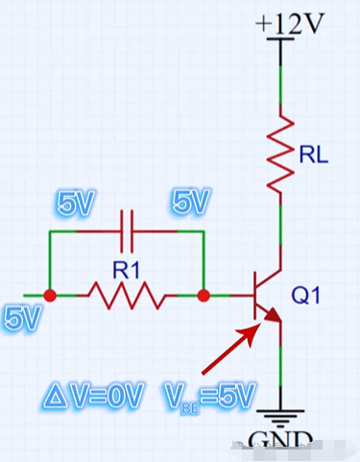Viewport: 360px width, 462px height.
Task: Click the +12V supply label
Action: pos(290,23)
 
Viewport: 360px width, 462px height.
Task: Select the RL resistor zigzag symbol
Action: pos(280,153)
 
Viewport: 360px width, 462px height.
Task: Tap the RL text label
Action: pos(314,156)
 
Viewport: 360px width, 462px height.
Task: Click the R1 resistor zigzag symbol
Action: pos(127,296)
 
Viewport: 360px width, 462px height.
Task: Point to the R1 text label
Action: pos(127,270)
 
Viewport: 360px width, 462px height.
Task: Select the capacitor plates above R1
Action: pos(127,231)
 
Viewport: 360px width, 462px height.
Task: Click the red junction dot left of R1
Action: pos(50,296)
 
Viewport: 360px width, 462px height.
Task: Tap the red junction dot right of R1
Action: pos(204,296)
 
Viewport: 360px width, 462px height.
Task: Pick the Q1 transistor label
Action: pos(305,295)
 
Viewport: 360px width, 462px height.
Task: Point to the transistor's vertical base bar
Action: pos(255,296)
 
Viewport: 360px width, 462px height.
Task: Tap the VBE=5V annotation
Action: pos(210,397)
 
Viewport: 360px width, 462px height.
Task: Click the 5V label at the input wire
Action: pos(22,319)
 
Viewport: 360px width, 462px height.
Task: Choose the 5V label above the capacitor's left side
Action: pos(76,203)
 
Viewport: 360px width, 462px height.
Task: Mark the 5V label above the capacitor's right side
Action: pos(191,201)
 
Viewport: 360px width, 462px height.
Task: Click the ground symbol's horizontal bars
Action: pos(280,418)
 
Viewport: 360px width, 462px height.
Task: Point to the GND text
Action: pos(279,439)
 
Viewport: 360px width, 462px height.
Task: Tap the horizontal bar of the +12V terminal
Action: pos(280,38)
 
